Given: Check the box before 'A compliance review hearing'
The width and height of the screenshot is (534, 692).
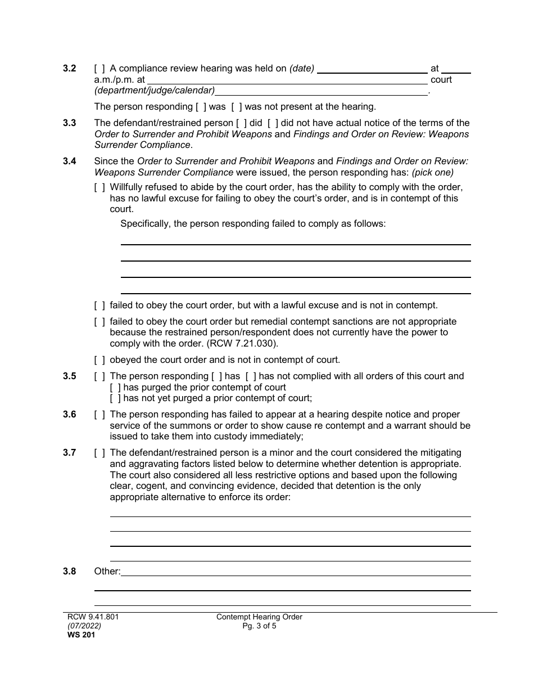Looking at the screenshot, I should point(99,69).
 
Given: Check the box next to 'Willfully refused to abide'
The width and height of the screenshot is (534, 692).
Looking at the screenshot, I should point(99,187).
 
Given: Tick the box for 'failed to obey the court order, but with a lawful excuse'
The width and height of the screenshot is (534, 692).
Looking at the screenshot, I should point(99,305).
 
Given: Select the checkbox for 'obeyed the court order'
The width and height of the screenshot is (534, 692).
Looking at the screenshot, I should point(99,360).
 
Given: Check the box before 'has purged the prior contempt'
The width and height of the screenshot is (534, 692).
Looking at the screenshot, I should point(115,388).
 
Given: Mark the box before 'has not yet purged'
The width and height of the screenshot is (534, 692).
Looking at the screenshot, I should point(115,398).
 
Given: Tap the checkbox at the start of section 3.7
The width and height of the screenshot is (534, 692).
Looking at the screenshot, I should point(99,453).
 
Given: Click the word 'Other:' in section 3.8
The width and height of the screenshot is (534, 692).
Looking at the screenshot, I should point(107,572).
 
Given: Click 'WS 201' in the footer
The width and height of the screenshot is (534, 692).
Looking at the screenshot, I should point(76,635).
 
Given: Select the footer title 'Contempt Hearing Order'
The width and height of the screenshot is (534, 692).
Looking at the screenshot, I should point(259,617).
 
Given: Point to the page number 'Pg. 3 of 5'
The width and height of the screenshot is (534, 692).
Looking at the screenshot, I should point(259,626).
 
